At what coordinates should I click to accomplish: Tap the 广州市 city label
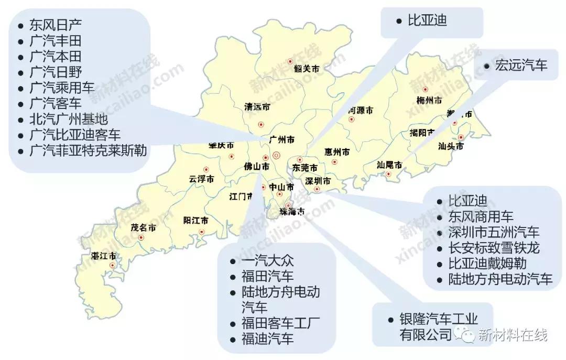pos(281,140)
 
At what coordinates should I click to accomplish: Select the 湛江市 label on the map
pos(103,256)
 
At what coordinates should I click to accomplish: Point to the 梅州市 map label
pos(429,100)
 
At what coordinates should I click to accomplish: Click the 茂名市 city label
pos(143,228)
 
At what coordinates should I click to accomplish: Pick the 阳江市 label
pos(195,221)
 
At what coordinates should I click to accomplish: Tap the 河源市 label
pos(361,111)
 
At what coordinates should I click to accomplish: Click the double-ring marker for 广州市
pos(277,155)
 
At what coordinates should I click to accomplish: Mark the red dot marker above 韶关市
pos(290,61)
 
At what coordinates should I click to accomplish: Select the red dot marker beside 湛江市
pos(112,266)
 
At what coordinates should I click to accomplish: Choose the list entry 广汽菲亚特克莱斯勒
pos(88,150)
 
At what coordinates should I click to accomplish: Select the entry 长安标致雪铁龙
pos(494,247)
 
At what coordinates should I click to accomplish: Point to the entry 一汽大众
pos(268,260)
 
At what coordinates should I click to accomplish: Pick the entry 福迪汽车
pos(268,338)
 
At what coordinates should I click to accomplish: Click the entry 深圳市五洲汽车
pos(494,232)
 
